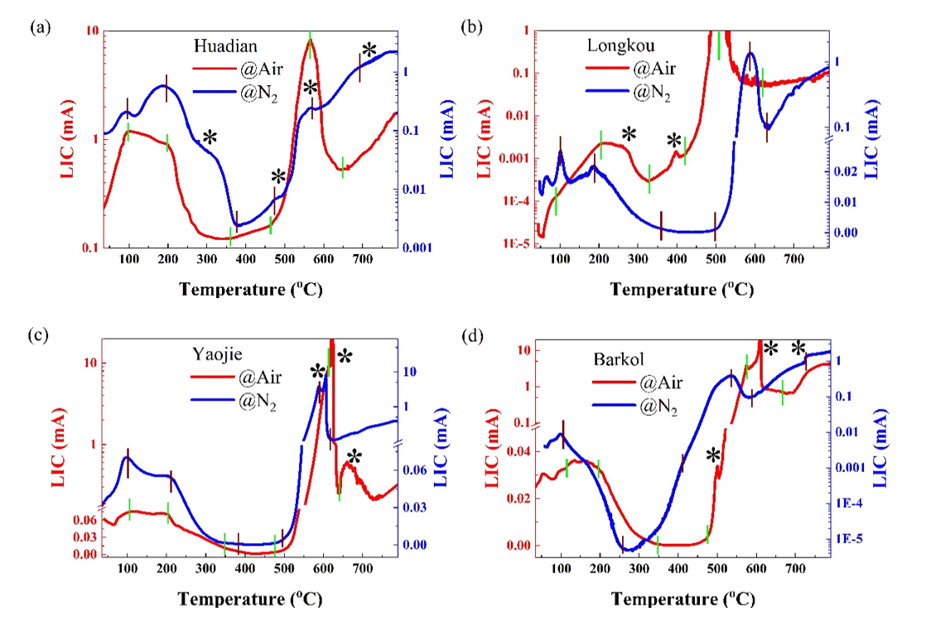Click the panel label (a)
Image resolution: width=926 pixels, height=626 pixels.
point(40,27)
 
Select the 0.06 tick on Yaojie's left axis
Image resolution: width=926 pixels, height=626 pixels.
point(81,520)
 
